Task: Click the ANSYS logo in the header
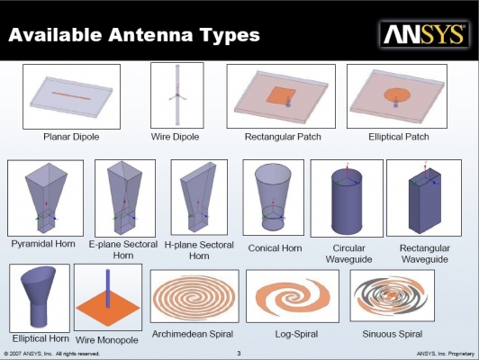pos(424,34)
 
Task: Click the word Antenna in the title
pos(150,34)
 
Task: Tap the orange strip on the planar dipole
pos(71,96)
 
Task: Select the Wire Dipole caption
pos(175,137)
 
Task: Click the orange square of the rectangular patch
pos(281,95)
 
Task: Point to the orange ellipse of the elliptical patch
pos(397,94)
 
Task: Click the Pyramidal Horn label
pos(43,244)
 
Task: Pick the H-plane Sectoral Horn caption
pos(199,250)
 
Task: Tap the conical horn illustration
pos(273,197)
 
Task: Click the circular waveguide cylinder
pos(347,202)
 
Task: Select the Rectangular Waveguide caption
pos(425,254)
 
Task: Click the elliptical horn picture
pos(39,297)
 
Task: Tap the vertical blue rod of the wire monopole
pos(108,288)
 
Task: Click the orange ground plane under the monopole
pos(108,309)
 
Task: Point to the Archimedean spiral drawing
pos(194,296)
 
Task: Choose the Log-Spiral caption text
pos(296,334)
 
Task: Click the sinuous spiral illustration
pos(391,295)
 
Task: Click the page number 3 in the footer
pos(239,354)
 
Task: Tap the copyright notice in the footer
pos(52,354)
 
